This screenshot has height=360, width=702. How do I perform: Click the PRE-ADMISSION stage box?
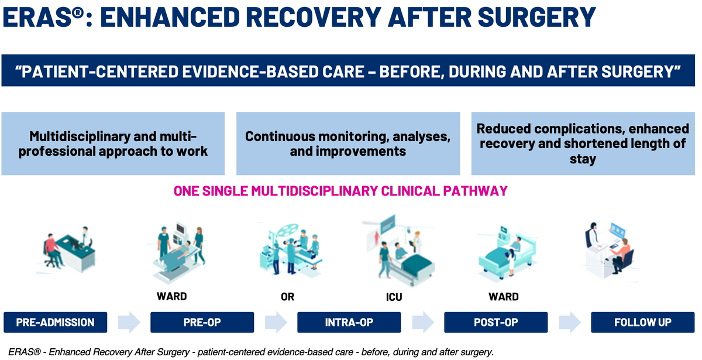[x=56, y=322]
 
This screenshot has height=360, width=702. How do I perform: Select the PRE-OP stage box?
[x=202, y=322]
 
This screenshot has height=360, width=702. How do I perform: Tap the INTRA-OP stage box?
[x=349, y=322]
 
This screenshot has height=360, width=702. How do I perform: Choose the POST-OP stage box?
[x=496, y=322]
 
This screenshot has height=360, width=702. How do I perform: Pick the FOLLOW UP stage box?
[x=643, y=322]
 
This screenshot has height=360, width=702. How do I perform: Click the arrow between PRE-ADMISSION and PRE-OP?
[x=129, y=322]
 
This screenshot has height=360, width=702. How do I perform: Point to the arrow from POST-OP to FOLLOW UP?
[x=570, y=322]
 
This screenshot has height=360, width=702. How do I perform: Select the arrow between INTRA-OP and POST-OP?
[x=423, y=322]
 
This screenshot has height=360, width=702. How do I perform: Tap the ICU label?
[x=394, y=297]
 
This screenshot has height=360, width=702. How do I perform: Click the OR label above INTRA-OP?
[x=287, y=297]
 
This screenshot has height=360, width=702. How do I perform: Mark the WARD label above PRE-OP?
[x=172, y=296]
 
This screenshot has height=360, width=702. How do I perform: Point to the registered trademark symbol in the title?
[x=78, y=13]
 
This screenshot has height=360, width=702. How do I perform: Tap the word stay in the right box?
[x=583, y=159]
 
